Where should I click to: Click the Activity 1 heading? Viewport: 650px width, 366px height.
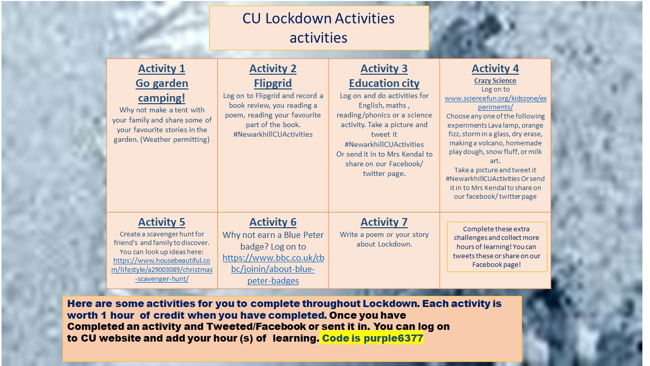point(161,69)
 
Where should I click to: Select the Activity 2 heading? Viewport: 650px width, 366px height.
point(273,69)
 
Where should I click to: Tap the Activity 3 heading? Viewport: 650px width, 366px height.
point(384,69)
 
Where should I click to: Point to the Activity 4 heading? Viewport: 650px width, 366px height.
point(495,69)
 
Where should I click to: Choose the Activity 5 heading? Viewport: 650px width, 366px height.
point(161,222)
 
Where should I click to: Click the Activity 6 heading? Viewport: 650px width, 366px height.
point(273,222)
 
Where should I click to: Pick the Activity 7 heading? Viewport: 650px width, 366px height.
point(384,222)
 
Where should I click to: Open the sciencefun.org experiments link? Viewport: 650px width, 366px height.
point(495,103)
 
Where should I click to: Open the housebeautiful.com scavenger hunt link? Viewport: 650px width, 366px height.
point(162,269)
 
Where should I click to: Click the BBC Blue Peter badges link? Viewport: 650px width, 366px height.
point(273,269)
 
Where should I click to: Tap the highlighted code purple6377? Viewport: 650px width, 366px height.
point(372,338)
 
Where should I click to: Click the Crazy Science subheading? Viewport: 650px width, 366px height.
point(495,81)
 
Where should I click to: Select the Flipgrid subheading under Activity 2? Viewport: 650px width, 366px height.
point(273,83)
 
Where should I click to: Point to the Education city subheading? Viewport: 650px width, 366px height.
point(384,83)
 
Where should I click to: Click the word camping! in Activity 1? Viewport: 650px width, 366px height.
point(161,98)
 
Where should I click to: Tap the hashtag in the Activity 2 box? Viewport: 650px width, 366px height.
point(273,135)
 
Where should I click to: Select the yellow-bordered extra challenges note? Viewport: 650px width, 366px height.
point(497,247)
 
